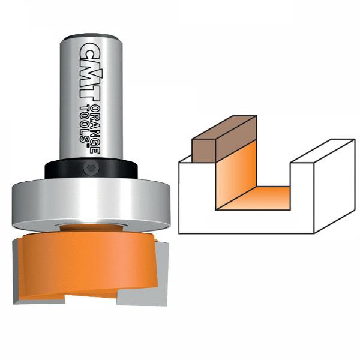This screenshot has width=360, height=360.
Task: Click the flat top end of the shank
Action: [x=91, y=37]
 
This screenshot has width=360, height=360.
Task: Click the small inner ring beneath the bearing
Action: [x=90, y=226]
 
